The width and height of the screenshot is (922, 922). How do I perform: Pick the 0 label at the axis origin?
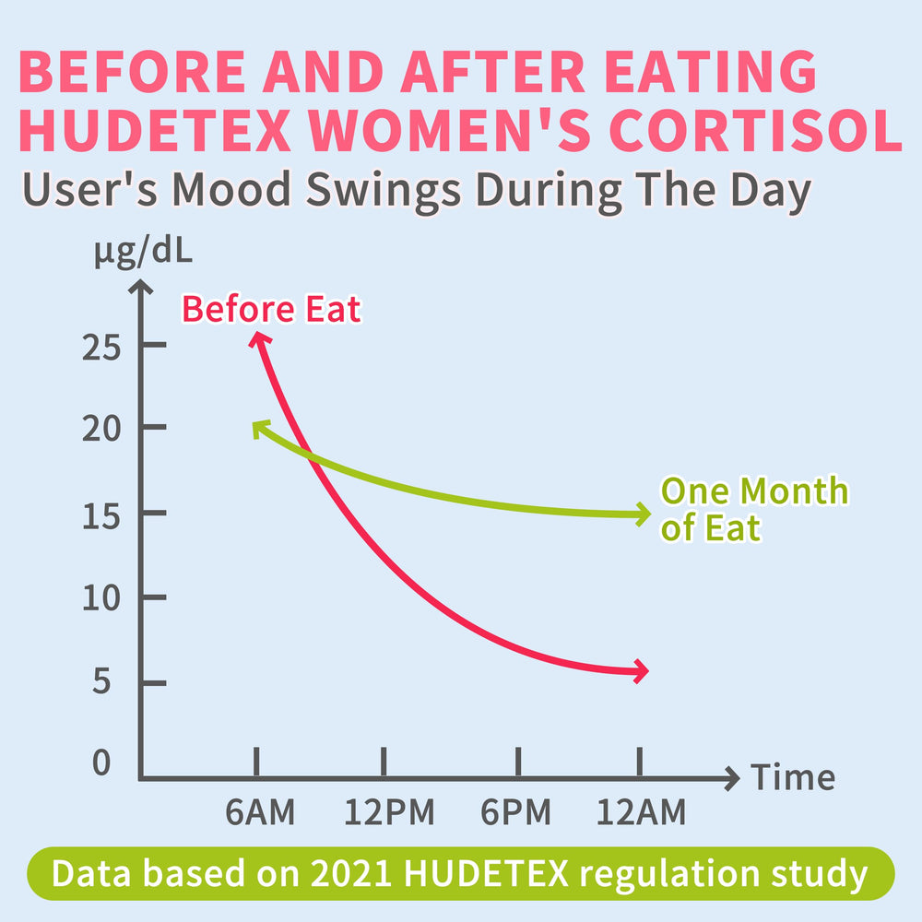click(102, 763)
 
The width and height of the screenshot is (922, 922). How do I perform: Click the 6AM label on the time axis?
click(261, 813)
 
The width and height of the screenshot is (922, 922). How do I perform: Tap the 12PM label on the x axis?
click(390, 813)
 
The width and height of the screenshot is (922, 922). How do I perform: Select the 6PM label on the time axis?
click(516, 813)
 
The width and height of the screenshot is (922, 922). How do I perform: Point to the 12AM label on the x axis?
click(641, 813)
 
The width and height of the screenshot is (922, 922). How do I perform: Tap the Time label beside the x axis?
click(794, 778)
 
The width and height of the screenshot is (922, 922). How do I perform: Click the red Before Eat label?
click(271, 310)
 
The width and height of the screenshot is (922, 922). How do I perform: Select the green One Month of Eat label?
click(753, 509)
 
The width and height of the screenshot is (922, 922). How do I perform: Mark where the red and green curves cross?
click(310, 456)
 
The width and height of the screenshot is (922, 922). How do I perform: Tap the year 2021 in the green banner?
click(332, 873)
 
